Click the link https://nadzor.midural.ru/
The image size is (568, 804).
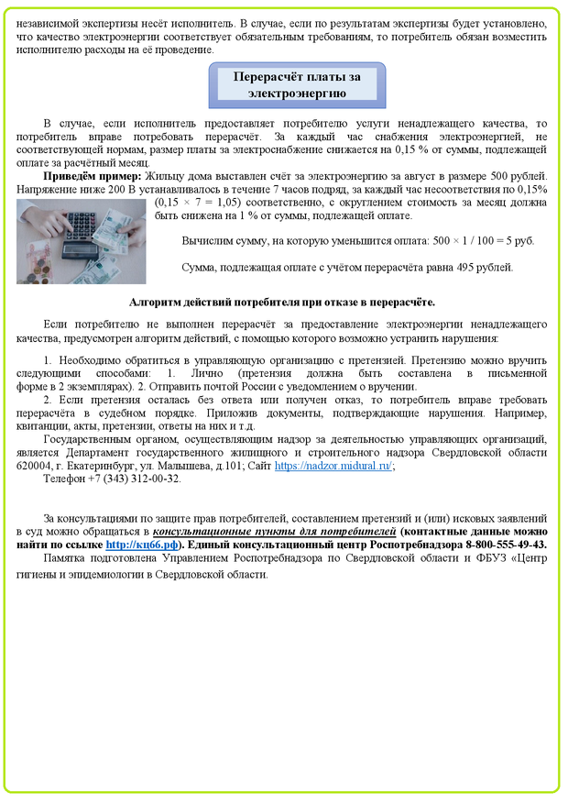point(333,466)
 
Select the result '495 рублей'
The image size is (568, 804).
point(484,268)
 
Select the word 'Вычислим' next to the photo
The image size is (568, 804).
point(206,241)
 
